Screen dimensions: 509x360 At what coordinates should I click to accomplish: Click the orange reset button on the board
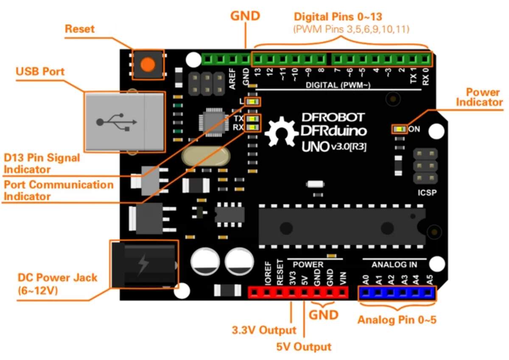point(148,64)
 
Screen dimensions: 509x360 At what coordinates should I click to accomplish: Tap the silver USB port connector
point(125,122)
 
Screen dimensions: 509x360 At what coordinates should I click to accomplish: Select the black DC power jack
point(144,264)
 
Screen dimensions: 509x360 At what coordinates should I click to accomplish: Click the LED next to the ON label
point(400,129)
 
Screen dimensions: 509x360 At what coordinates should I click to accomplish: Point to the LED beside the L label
point(252,101)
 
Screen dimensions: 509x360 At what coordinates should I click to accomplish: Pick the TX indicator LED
point(252,119)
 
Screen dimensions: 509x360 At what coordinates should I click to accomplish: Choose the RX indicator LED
point(252,127)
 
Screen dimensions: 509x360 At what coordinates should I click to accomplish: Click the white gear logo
point(282,131)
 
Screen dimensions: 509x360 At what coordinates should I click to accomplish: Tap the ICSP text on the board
point(427,193)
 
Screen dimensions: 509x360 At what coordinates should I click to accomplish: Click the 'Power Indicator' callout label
point(479,97)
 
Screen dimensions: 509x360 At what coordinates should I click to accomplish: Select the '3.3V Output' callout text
point(264,330)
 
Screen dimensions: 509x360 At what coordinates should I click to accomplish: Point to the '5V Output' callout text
point(304,347)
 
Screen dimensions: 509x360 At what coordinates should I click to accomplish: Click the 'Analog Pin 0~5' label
point(397,320)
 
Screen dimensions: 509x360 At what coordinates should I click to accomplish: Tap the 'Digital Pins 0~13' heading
point(338,17)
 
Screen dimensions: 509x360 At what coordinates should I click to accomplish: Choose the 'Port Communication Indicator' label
point(59,190)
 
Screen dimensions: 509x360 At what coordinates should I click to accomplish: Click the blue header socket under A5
point(428,293)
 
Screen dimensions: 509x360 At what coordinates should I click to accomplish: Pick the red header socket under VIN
point(342,292)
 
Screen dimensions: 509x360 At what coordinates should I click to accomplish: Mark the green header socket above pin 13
point(257,59)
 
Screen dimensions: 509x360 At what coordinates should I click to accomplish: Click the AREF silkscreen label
point(232,79)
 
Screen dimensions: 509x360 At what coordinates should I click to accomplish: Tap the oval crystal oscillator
point(206,156)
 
